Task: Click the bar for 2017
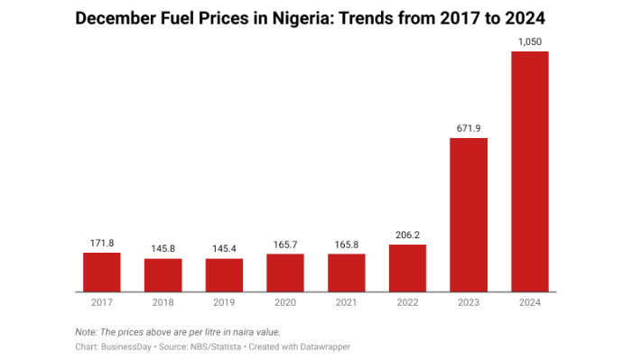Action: click(x=102, y=272)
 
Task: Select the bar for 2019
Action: click(x=224, y=274)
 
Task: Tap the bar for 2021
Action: click(x=347, y=273)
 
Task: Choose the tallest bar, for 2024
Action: click(x=530, y=171)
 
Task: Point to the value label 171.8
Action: click(x=102, y=244)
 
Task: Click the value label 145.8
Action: click(x=163, y=249)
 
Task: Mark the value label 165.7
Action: click(x=285, y=245)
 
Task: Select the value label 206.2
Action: click(x=407, y=236)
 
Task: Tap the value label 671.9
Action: click(x=469, y=129)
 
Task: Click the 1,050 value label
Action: click(x=530, y=42)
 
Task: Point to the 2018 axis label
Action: click(x=163, y=302)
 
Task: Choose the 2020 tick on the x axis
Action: click(x=285, y=302)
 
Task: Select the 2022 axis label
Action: click(x=407, y=302)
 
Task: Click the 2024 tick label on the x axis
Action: click(x=530, y=302)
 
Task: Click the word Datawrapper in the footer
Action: click(x=323, y=347)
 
